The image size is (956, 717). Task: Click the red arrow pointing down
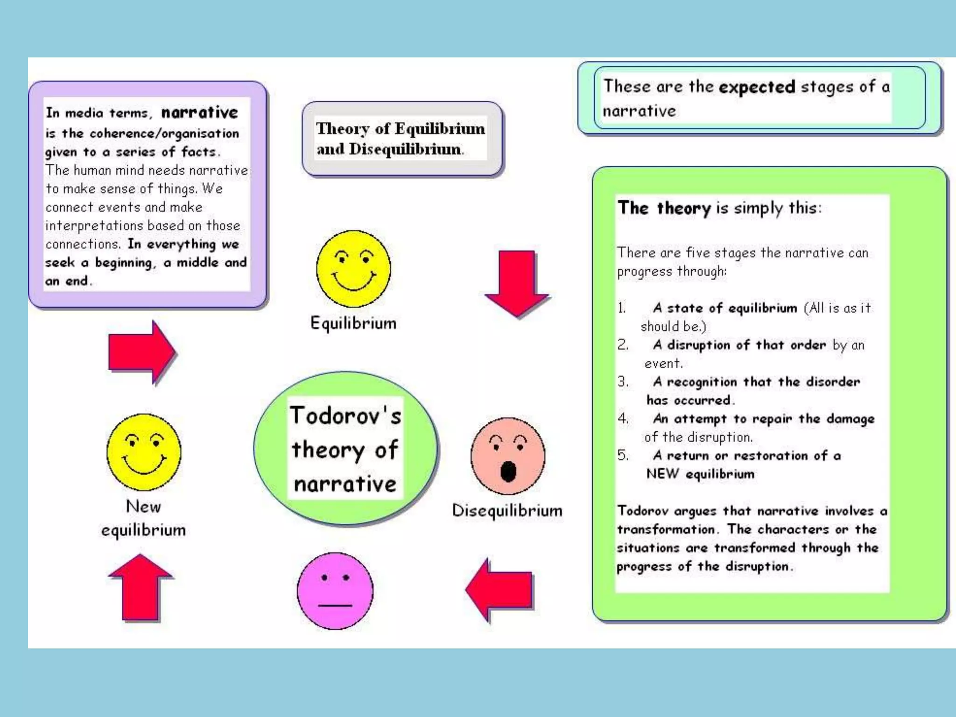tap(517, 282)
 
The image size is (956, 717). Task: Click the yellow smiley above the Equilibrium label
tap(353, 268)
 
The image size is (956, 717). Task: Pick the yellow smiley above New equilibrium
tap(144, 452)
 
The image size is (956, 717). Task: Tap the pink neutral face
tap(335, 591)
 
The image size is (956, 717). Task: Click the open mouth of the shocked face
tap(508, 471)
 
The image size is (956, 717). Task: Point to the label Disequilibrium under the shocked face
tap(507, 511)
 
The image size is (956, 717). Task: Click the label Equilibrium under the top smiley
tap(353, 323)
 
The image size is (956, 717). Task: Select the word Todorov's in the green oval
tap(345, 415)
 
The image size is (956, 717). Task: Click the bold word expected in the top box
tap(757, 87)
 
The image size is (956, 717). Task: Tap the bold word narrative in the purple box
tap(200, 112)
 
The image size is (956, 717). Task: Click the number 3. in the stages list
tap(623, 381)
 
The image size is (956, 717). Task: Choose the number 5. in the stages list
tap(623, 455)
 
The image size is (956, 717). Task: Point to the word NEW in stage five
tap(662, 474)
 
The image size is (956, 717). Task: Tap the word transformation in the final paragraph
tap(666, 529)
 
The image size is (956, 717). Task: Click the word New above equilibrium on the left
tap(143, 506)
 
